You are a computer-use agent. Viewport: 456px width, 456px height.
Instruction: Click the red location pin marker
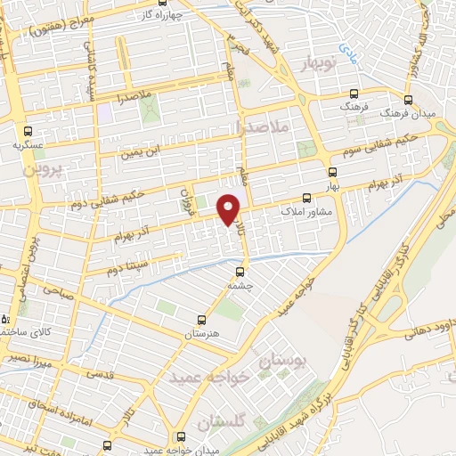coord(229,208)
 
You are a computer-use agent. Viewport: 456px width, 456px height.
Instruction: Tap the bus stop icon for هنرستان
coord(201,318)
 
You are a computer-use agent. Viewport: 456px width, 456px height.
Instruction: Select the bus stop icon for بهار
coord(333,172)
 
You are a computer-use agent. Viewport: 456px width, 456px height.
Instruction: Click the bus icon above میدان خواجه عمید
coord(181,436)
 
